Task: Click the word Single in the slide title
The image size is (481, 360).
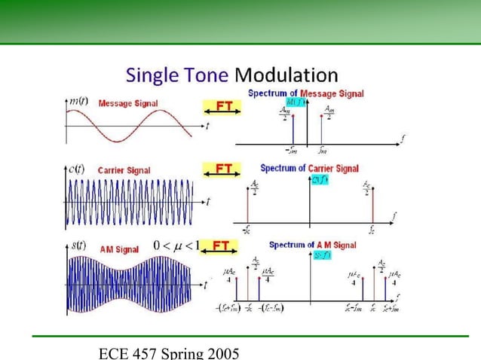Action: tap(149, 75)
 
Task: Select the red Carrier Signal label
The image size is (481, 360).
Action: tap(124, 171)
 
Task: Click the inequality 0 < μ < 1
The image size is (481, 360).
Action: tap(176, 246)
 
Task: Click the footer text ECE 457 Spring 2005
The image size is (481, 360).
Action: tap(170, 352)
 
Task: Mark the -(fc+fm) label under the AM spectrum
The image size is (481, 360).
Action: tap(228, 306)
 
